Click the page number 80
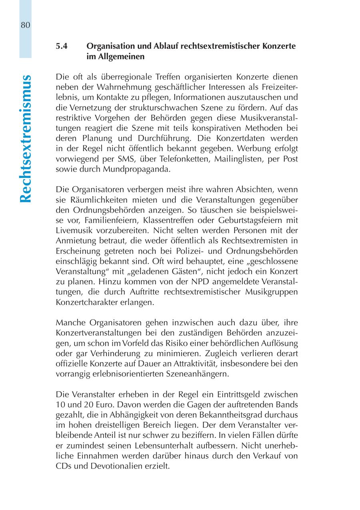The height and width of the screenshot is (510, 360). [25, 25]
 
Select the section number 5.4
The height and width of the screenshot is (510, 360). [62, 46]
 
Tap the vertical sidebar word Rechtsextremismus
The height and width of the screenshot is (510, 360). [26, 138]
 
